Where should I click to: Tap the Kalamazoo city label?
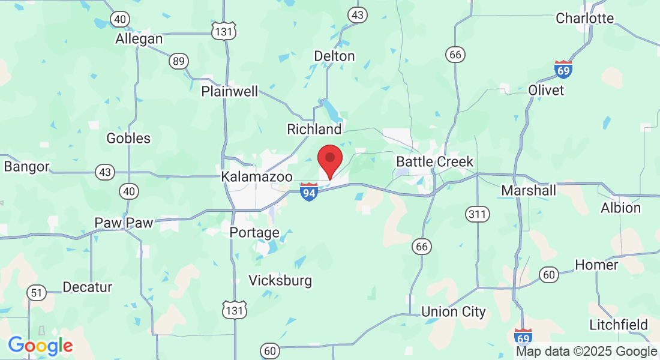point(257,177)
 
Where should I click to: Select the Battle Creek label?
point(434,162)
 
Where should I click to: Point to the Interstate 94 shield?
point(308,193)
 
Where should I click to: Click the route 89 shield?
point(178,61)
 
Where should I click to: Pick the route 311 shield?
point(478,213)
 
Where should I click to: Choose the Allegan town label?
point(139,39)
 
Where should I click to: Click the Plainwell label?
point(230,91)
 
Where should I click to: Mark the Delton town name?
point(334,56)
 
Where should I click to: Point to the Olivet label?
point(546,90)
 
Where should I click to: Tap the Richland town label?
point(314,129)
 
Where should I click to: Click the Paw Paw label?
point(124,223)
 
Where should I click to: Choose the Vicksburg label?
point(280,280)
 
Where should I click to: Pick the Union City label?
point(453,312)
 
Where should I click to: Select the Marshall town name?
point(528,191)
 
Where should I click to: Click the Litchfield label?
point(618,325)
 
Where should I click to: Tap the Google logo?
point(40,346)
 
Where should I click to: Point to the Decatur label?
point(88,287)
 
